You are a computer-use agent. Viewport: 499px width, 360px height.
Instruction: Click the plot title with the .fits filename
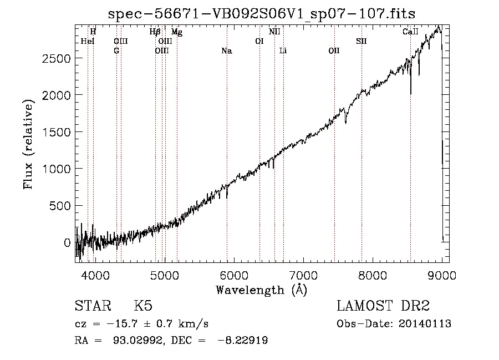click(262, 14)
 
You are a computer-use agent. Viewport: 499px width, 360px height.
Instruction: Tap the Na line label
click(227, 50)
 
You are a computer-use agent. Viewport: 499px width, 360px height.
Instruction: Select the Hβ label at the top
click(155, 32)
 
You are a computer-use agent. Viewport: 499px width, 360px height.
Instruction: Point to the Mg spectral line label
click(177, 32)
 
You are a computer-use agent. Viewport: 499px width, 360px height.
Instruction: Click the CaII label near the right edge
click(410, 32)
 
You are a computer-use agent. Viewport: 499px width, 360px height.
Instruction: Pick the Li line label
click(283, 50)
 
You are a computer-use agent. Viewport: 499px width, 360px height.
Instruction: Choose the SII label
click(361, 41)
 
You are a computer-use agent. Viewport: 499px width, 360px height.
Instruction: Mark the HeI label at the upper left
click(88, 41)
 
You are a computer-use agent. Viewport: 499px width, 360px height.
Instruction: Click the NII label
click(274, 32)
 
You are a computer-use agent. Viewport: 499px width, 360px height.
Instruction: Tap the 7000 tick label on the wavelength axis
click(303, 276)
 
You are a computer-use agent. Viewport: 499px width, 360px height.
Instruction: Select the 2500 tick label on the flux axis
click(56, 58)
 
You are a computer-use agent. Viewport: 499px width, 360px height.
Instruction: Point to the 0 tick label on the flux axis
click(67, 242)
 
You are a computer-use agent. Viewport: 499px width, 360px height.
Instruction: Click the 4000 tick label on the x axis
click(95, 276)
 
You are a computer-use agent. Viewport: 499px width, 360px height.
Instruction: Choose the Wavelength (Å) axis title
click(262, 290)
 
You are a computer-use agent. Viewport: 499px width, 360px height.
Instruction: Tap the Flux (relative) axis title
click(28, 145)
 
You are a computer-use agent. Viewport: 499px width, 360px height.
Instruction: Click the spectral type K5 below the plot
click(143, 306)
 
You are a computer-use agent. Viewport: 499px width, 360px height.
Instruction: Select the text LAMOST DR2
click(383, 306)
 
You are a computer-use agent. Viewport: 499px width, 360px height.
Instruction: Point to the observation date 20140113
click(425, 324)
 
